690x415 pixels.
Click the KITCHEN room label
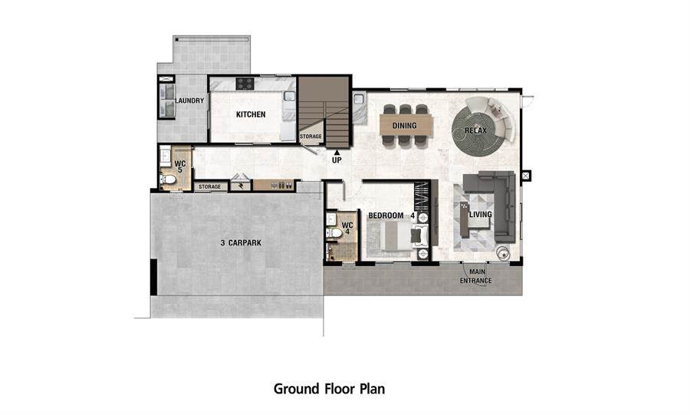[x=251, y=114]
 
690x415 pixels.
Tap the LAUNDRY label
[x=189, y=100]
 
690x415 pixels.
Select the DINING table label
[x=404, y=126]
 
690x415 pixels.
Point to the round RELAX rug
[x=475, y=130]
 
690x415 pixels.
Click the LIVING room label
[x=480, y=214]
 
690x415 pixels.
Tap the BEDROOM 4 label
[x=392, y=216]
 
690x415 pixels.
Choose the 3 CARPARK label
[x=241, y=242]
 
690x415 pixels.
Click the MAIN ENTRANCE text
[x=476, y=276]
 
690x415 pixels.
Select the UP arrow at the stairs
[x=337, y=153]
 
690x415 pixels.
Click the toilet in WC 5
[x=168, y=179]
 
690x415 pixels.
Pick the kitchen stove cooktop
[x=245, y=84]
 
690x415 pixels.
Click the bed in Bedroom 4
[x=398, y=236]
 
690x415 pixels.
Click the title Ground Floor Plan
[x=329, y=389]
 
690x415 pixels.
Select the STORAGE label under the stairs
[x=310, y=137]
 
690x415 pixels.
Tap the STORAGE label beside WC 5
[x=209, y=186]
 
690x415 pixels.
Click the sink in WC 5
[x=166, y=156]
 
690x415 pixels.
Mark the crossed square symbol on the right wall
[x=525, y=176]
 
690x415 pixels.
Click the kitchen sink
[x=289, y=95]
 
